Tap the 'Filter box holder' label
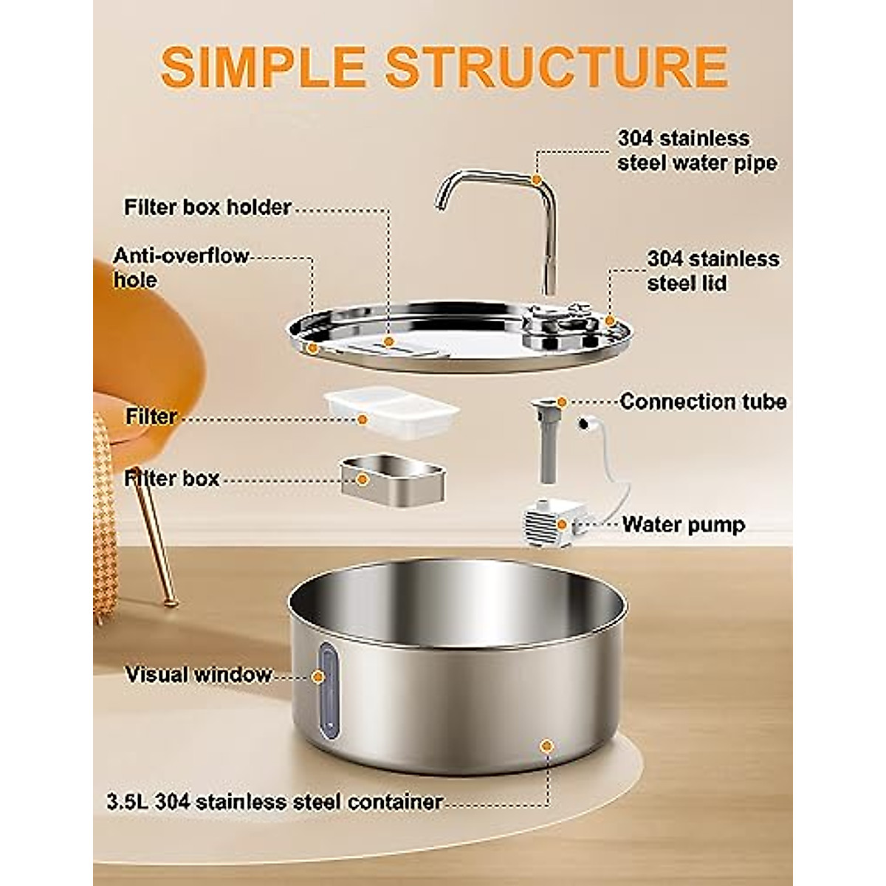207,207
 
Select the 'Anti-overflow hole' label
181,267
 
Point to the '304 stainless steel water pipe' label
697,150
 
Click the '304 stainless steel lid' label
712,270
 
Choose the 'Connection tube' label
703,402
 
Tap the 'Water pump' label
683,525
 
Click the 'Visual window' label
198,675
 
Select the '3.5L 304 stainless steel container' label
275,802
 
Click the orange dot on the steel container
546,746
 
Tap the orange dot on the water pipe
537,179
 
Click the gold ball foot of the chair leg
171,602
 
